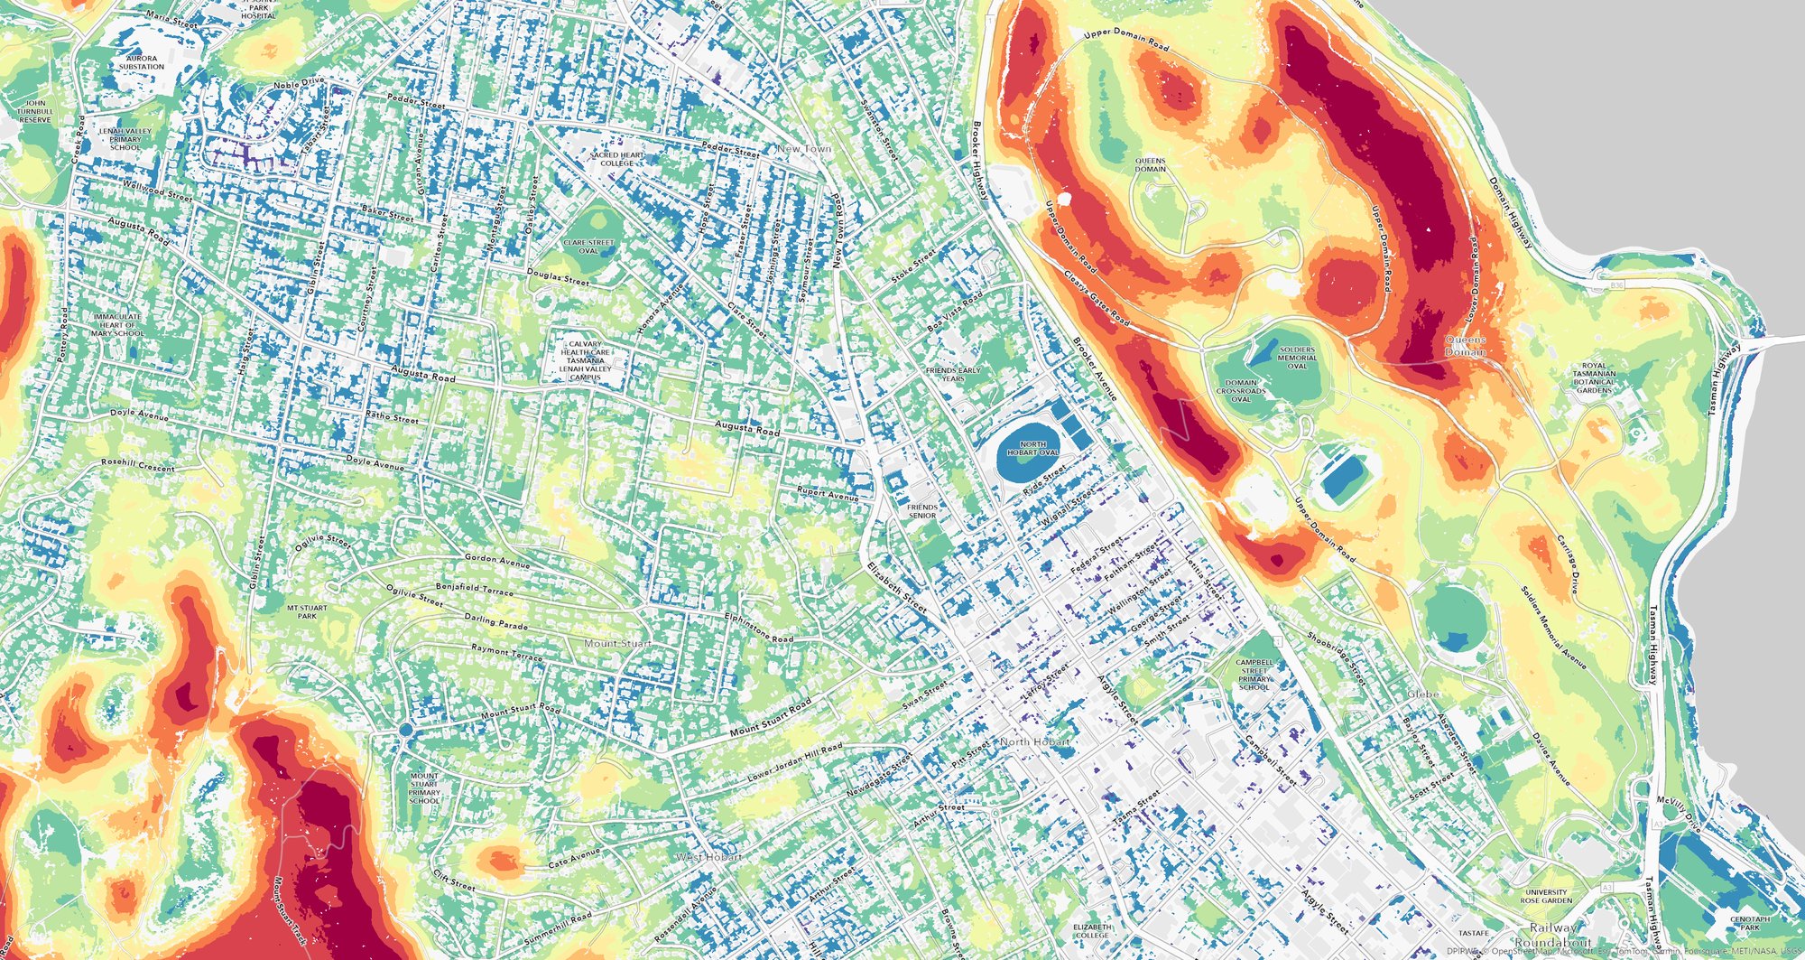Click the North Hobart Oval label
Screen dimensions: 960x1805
(1032, 448)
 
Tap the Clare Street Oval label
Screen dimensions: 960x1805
(588, 247)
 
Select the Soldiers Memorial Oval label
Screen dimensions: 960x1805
(1297, 358)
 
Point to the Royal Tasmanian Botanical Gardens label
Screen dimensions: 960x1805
(1594, 378)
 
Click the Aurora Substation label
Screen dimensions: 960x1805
(142, 62)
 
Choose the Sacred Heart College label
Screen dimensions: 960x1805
(618, 159)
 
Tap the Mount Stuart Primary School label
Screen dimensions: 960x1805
(424, 788)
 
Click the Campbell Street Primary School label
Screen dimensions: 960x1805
(1254, 675)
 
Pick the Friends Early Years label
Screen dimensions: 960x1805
(953, 374)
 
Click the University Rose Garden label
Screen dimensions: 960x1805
(1546, 896)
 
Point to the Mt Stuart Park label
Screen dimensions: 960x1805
(307, 612)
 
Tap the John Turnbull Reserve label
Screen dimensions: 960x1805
(35, 112)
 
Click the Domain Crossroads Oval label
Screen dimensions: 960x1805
(1241, 390)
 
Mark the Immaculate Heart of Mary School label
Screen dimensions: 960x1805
(116, 325)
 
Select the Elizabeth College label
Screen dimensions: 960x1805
(1092, 931)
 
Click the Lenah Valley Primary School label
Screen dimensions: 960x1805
(125, 139)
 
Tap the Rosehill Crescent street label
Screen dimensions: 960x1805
(138, 465)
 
